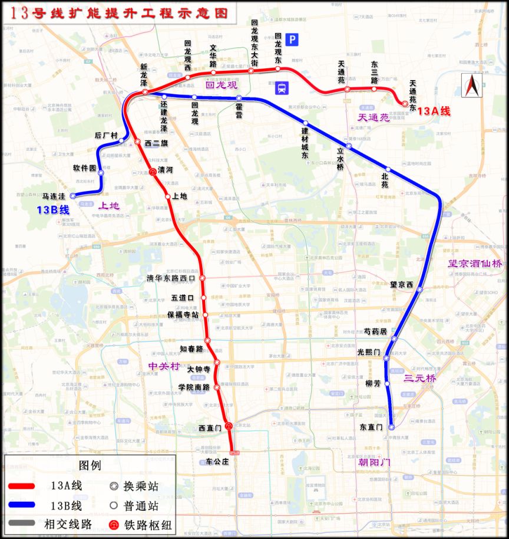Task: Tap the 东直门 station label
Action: pos(371,427)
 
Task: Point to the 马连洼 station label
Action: pos(54,196)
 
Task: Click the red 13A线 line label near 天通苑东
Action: pos(434,111)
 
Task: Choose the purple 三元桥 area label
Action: pos(419,379)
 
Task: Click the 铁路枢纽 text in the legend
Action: pos(145,524)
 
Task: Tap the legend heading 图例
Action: pos(90,465)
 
